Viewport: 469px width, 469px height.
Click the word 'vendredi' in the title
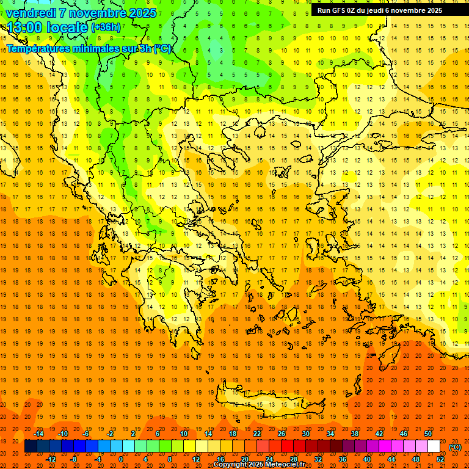[x=29, y=13]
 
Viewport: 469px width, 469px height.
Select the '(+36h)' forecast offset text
[x=106, y=27]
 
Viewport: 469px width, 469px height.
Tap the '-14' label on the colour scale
[x=38, y=434]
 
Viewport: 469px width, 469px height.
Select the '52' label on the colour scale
[x=440, y=459]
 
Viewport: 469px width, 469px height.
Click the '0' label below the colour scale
[x=121, y=459]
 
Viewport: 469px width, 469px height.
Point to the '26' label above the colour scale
[x=282, y=434]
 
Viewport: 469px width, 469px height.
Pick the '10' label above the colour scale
[x=183, y=434]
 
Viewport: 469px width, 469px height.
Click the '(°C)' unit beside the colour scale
[x=455, y=447]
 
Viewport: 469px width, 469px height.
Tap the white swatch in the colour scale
[x=434, y=446]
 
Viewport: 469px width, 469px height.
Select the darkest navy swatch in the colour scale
[x=31, y=446]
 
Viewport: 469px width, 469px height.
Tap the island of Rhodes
[x=403, y=354]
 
